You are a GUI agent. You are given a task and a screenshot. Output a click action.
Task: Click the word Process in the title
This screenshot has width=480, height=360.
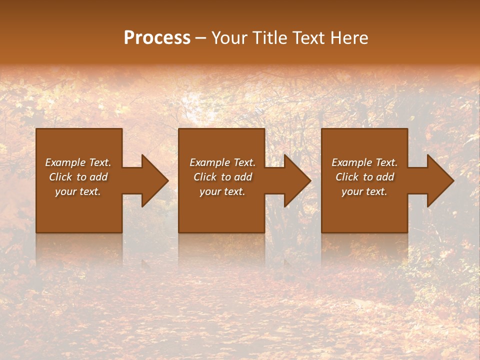click(x=157, y=38)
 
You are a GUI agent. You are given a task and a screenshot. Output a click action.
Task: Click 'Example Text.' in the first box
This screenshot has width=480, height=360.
click(x=78, y=162)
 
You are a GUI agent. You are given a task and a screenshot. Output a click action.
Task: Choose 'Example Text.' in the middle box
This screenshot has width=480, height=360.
click(x=222, y=162)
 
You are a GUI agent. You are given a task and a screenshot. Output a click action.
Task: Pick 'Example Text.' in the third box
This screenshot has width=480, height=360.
click(x=364, y=162)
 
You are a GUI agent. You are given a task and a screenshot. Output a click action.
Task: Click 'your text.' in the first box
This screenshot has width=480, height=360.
click(x=78, y=191)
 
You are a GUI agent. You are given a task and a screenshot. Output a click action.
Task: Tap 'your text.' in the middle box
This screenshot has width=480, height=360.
click(x=222, y=191)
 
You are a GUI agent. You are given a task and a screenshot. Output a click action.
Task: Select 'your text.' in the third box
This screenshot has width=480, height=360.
click(x=364, y=191)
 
